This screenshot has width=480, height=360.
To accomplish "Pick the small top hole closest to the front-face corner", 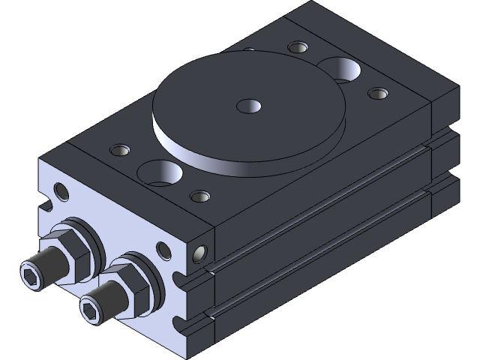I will [199, 196].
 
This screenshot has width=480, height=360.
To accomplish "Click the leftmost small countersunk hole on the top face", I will [118, 148].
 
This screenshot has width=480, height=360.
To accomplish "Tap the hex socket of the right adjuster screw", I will [90, 308].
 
